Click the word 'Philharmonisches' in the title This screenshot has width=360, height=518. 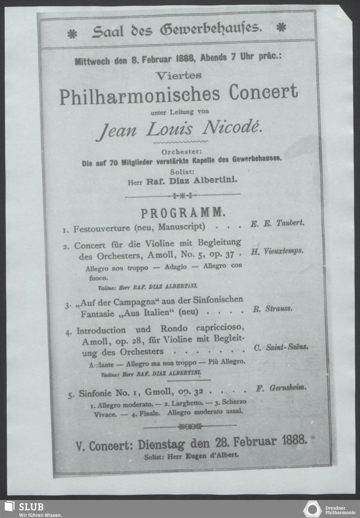(139, 95)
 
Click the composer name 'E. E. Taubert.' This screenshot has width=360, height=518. (277, 224)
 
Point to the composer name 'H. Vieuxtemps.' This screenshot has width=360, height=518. (277, 251)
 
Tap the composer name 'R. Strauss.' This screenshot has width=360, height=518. (272, 309)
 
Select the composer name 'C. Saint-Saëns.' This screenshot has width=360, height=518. (281, 348)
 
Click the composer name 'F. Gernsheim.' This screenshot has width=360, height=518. (281, 388)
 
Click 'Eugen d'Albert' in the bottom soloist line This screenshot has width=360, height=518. (212, 455)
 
